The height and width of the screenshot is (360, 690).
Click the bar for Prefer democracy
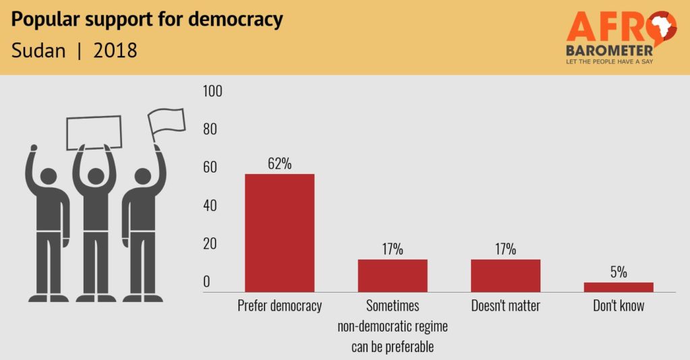tap(279, 233)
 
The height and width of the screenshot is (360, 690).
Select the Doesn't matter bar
tap(505, 275)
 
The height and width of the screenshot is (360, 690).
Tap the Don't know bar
tap(618, 287)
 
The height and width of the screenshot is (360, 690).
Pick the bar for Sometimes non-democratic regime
tap(392, 275)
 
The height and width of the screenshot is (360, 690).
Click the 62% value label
tap(279, 163)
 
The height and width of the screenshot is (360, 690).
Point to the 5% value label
tap(618, 272)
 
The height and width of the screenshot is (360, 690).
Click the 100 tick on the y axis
tap(212, 92)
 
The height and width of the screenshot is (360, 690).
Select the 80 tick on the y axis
tap(210, 129)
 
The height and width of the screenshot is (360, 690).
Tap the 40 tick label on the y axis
tap(210, 206)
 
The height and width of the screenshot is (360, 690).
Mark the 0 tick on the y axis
tap(207, 282)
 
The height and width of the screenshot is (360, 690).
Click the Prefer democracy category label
tap(280, 306)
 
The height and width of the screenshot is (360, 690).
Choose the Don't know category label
tap(619, 306)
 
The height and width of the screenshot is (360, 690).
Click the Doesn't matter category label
tap(505, 306)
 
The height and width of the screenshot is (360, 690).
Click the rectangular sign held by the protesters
tap(94, 132)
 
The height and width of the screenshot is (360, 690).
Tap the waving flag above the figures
tap(166, 121)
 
